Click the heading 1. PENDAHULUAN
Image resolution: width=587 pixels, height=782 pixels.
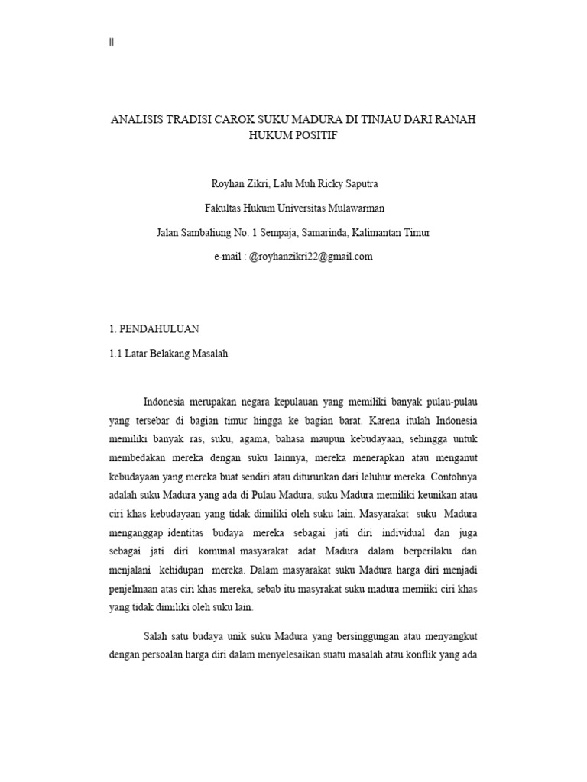click(155, 329)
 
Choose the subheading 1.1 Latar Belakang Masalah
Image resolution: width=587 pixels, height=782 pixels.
click(169, 354)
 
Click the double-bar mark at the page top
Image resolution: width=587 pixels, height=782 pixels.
click(112, 43)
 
